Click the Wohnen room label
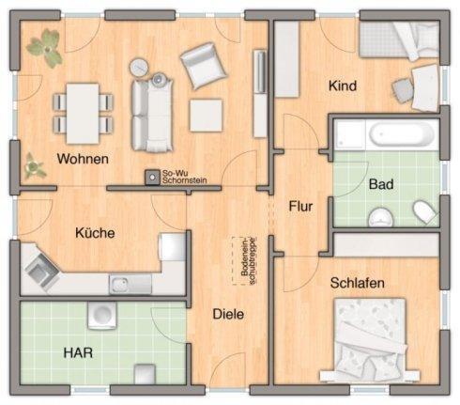83,159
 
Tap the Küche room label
95,233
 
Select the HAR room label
78,353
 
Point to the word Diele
228,314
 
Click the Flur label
300,206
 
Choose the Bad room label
381,184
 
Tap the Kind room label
343,86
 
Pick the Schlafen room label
358,283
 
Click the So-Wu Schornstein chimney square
152,178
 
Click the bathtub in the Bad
402,134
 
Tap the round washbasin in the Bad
381,217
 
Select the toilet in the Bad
424,211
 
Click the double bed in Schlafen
370,339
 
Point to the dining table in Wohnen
83,114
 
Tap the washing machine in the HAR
102,315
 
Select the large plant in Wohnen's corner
45,47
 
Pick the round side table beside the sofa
139,68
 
